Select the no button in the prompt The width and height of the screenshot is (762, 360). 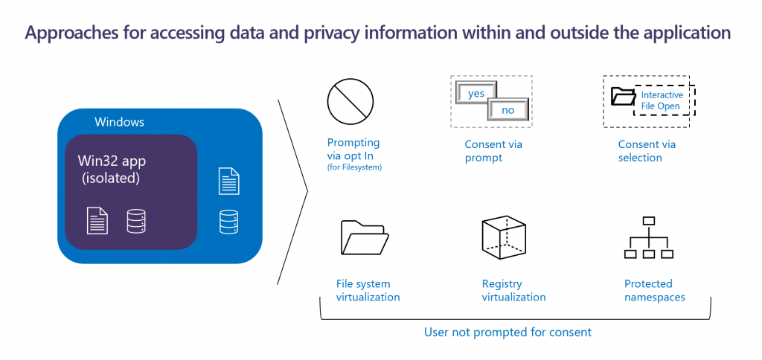(x=508, y=110)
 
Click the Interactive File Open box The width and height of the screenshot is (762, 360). (x=662, y=100)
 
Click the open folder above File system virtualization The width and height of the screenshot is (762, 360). (x=363, y=238)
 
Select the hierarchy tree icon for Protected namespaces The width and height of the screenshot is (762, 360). (x=647, y=238)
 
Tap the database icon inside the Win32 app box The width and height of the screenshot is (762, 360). (x=136, y=221)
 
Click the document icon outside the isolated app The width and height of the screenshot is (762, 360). (x=229, y=181)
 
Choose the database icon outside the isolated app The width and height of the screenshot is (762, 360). (x=229, y=222)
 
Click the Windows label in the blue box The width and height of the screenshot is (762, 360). (x=119, y=121)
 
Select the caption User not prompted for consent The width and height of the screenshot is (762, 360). (x=508, y=332)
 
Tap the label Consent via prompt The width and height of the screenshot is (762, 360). (x=494, y=151)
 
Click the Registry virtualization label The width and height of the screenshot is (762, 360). (x=513, y=290)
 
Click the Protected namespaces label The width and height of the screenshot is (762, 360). (x=654, y=290)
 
